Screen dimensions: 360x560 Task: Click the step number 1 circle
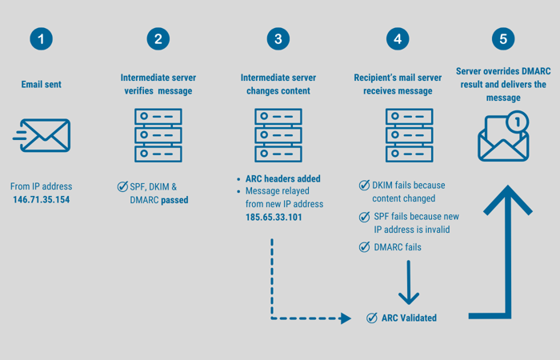41,38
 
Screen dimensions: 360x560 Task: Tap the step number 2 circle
158,38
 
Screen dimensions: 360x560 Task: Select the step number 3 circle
278,38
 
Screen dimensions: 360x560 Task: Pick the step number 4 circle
397,38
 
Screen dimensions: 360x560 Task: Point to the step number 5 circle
502,38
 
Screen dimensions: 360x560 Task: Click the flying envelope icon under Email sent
42,135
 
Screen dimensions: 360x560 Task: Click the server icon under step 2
158,135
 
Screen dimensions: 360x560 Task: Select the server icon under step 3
278,135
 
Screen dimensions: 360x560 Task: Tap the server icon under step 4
409,135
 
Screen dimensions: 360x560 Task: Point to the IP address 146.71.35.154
41,199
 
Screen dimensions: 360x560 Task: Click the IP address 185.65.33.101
274,217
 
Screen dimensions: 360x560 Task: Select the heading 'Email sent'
42,84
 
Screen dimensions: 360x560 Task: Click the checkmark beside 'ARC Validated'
371,318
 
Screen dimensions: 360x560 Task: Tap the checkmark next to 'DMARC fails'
365,247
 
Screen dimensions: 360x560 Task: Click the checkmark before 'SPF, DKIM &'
122,186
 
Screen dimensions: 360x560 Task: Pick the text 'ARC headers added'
283,178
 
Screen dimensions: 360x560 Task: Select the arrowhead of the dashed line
346,318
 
